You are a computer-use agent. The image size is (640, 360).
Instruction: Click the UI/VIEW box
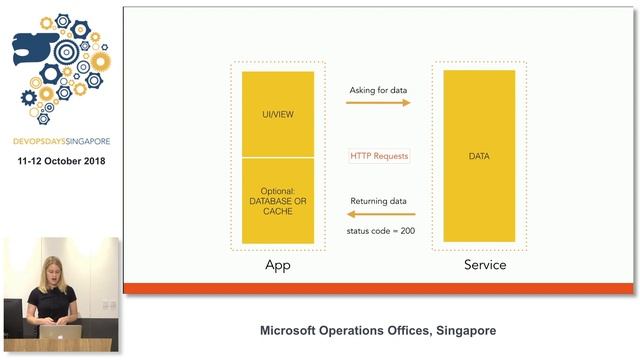tap(277, 115)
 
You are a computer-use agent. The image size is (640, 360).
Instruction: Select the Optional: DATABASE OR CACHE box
tap(277, 201)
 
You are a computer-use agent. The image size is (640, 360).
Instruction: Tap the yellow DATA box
tap(478, 157)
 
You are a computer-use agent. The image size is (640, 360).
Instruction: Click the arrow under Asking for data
tap(379, 103)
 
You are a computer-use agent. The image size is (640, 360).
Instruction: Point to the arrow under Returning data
tap(378, 215)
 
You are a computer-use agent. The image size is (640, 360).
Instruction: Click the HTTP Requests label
tap(379, 156)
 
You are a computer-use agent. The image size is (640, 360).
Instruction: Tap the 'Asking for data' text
tap(378, 90)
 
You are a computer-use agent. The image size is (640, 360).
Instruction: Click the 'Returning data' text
tap(378, 201)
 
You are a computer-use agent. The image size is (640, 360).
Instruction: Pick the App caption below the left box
tap(277, 265)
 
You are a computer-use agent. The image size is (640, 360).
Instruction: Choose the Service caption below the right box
tap(484, 265)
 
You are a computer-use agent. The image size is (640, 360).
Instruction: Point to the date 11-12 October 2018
tap(60, 161)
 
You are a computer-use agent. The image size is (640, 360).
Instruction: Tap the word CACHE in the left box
tap(277, 213)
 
